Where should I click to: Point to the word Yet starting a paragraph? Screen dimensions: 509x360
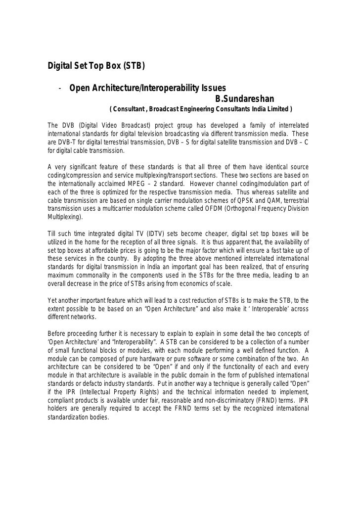click(x=52, y=300)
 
